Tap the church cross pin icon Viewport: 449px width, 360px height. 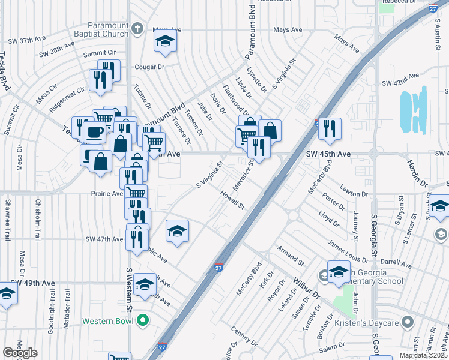[137, 29]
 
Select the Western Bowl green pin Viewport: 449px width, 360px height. [143, 321]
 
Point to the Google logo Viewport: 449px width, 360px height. [20, 353]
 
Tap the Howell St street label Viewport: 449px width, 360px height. [232, 201]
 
